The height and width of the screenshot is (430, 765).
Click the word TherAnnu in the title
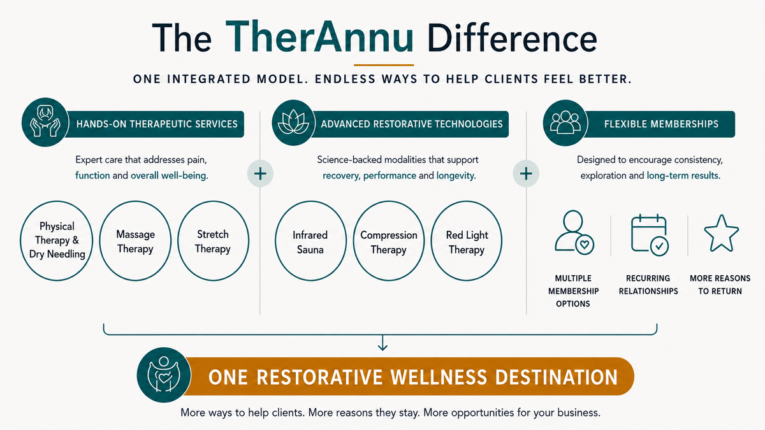[x=319, y=37]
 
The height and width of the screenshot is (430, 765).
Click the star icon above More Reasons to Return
[x=721, y=233]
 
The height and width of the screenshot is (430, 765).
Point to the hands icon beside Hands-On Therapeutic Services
[x=45, y=122]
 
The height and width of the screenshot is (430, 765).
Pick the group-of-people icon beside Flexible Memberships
[x=565, y=122]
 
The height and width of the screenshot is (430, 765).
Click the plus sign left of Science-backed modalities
[x=260, y=174]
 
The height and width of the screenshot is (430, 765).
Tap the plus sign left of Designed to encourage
[x=526, y=174]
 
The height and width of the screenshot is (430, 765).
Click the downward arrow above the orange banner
[x=382, y=343]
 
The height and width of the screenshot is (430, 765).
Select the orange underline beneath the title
[x=384, y=65]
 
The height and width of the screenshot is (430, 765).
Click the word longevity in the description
[x=455, y=175]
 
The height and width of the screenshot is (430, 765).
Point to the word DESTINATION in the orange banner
[x=557, y=377]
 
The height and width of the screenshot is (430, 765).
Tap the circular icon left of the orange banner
[x=164, y=375]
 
